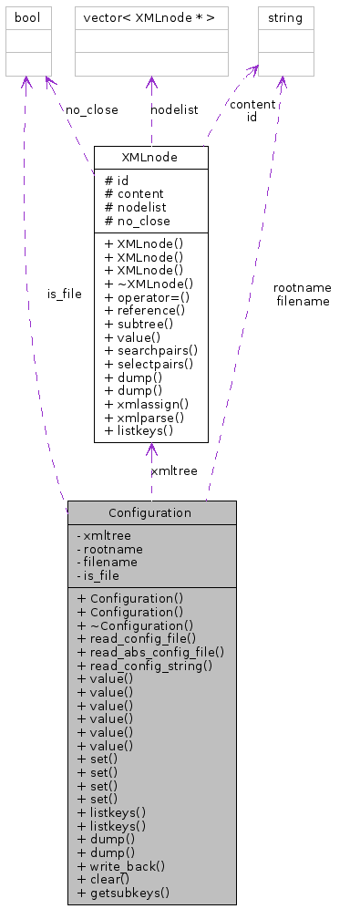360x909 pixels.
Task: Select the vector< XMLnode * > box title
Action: tap(149, 18)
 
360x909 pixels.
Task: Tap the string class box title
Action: tap(285, 18)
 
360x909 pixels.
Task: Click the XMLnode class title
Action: tap(150, 158)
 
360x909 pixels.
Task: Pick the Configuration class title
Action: tap(150, 512)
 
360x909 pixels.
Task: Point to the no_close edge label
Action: tap(91, 109)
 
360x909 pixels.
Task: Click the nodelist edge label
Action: tap(174, 109)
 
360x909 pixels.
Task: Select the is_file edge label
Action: tap(65, 294)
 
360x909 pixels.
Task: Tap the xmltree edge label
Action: tap(174, 470)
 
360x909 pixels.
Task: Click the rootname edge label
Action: tap(302, 287)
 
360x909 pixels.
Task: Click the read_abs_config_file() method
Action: tap(151, 652)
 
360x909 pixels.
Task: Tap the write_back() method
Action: tap(121, 865)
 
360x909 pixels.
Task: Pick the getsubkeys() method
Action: tap(124, 893)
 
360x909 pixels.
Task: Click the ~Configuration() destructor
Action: tap(135, 625)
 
